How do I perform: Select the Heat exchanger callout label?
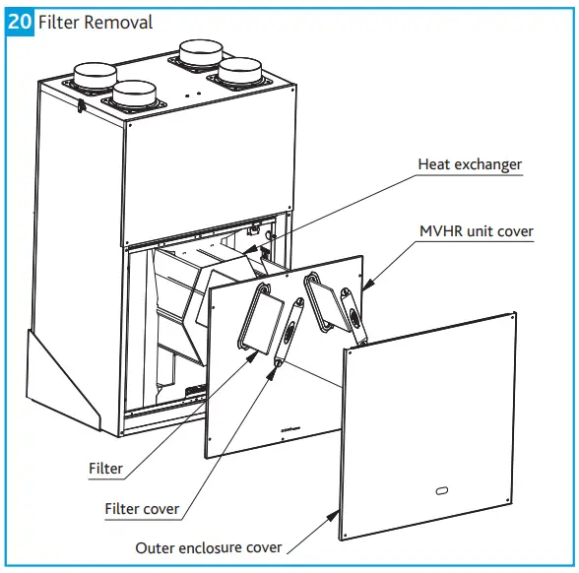pyautogui.click(x=469, y=164)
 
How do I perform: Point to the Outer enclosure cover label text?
pyautogui.click(x=209, y=547)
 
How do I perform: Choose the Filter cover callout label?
pyautogui.click(x=142, y=509)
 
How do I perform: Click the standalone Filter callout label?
pyautogui.click(x=105, y=469)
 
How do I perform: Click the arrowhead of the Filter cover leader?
pyautogui.click(x=278, y=365)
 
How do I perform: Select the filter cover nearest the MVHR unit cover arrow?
pyautogui.click(x=349, y=307)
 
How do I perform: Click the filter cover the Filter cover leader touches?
pyautogui.click(x=289, y=335)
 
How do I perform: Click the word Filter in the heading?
pyautogui.click(x=61, y=21)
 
